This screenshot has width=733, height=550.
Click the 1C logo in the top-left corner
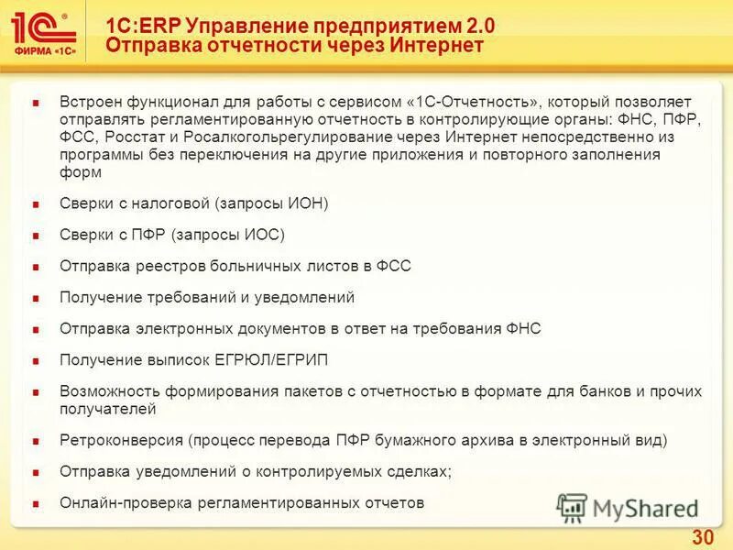click(x=45, y=31)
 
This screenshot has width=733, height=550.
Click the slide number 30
click(x=703, y=536)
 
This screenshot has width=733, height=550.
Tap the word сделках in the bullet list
click(x=420, y=471)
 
